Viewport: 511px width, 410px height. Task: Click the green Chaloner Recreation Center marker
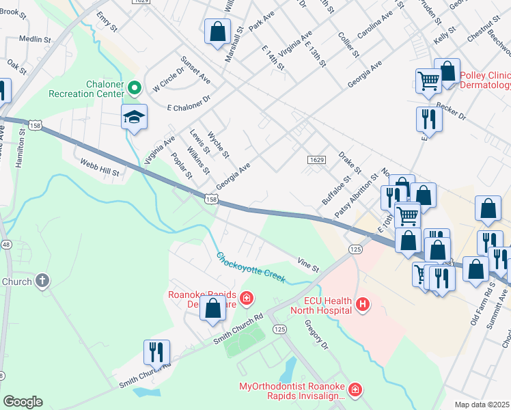click(135, 87)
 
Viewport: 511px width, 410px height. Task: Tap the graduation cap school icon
click(135, 118)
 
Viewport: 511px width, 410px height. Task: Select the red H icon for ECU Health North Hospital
click(363, 303)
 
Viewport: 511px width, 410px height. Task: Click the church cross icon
click(42, 280)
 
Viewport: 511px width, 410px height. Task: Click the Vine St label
click(308, 264)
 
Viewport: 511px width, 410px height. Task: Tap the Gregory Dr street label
click(316, 334)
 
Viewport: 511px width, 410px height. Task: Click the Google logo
click(23, 402)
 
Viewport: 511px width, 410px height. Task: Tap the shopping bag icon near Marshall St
click(217, 31)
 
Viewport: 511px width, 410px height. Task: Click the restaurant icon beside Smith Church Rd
click(156, 352)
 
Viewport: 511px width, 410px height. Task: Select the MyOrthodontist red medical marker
click(355, 391)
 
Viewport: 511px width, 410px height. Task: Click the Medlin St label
click(31, 40)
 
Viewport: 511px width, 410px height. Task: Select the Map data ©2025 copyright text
click(482, 405)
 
